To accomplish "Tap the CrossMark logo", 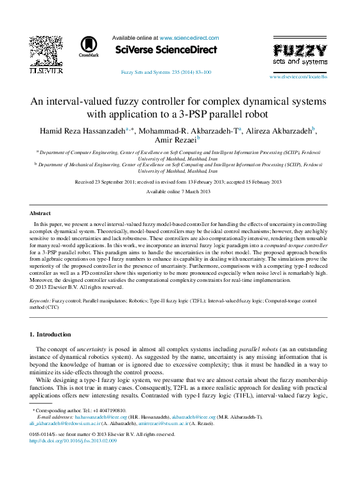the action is (x=89, y=46).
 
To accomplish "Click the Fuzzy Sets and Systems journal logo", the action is (x=300, y=54).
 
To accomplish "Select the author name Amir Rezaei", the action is (x=176, y=139).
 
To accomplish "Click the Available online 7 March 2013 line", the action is (x=178, y=192).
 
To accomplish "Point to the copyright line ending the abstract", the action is (x=76, y=287).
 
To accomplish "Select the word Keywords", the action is (x=40, y=301).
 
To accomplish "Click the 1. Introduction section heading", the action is (x=51, y=335).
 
